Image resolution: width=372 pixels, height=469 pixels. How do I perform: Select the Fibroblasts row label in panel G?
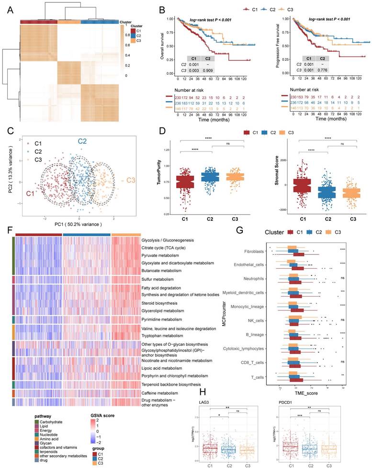(256, 250)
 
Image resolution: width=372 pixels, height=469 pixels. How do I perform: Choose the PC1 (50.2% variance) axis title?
(79, 225)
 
